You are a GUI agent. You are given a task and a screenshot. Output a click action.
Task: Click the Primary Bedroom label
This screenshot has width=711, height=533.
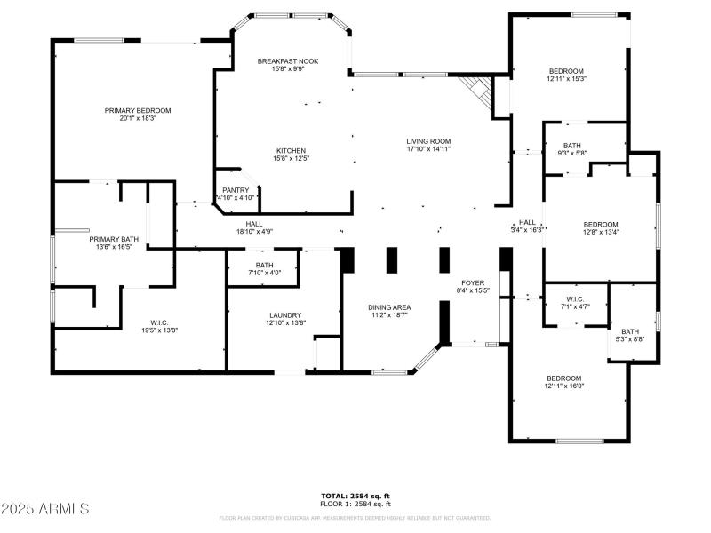pyautogui.click(x=138, y=111)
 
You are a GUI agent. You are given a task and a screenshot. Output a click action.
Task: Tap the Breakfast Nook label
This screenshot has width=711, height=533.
pyautogui.click(x=288, y=61)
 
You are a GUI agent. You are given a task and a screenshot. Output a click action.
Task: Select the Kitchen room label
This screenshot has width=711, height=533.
pyautogui.click(x=292, y=150)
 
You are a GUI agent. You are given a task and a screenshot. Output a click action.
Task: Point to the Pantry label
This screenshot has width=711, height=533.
pyautogui.click(x=236, y=190)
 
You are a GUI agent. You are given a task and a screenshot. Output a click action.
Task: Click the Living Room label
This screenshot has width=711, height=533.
pyautogui.click(x=428, y=141)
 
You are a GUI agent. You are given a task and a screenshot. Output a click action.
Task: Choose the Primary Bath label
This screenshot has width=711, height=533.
pyautogui.click(x=114, y=240)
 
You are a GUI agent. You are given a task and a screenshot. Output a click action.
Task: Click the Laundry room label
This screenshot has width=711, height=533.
pyautogui.click(x=285, y=315)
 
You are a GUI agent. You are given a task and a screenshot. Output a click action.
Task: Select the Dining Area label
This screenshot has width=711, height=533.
pyautogui.click(x=390, y=307)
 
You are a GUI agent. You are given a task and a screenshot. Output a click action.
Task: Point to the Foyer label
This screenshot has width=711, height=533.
pyautogui.click(x=473, y=283)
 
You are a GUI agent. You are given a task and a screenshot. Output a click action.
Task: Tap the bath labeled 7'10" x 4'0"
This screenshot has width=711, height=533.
pyautogui.click(x=264, y=266)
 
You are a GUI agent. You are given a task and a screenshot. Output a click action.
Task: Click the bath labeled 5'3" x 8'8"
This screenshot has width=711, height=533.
pyautogui.click(x=630, y=332)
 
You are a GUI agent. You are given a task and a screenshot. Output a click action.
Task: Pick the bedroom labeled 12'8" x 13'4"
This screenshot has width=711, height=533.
pyautogui.click(x=600, y=225)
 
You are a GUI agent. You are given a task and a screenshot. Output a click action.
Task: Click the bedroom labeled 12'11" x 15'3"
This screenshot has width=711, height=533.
pyautogui.click(x=566, y=72)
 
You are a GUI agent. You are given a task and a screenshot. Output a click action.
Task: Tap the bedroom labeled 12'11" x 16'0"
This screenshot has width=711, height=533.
pyautogui.click(x=563, y=378)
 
